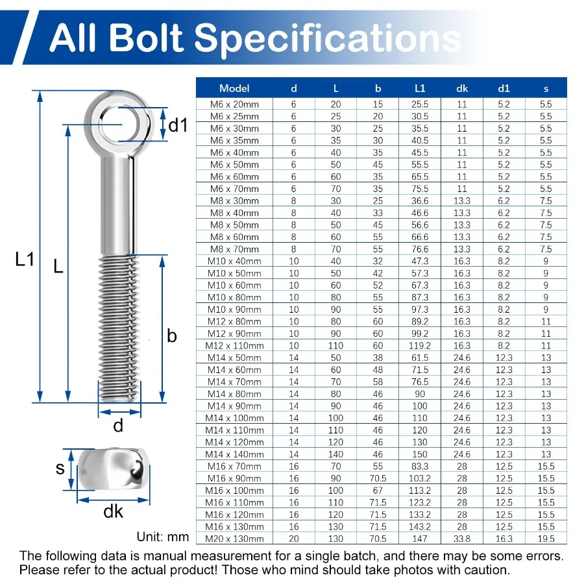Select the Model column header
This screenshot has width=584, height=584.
(x=234, y=88)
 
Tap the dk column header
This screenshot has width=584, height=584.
(x=462, y=88)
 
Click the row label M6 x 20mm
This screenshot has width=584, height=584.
(x=234, y=104)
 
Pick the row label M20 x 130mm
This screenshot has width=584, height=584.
(x=234, y=539)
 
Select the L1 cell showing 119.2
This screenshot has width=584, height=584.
(x=420, y=346)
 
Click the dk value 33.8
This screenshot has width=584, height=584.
(x=462, y=539)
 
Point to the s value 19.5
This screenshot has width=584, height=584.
(x=546, y=539)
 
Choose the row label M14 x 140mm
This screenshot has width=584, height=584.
(x=234, y=454)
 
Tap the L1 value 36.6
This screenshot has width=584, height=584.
(x=420, y=201)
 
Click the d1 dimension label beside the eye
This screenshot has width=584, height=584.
(x=177, y=125)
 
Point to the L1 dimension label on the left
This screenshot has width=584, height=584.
(x=24, y=260)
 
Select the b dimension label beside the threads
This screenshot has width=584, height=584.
(x=172, y=335)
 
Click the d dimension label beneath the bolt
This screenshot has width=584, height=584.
(x=118, y=426)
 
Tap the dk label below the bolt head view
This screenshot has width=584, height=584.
(x=114, y=512)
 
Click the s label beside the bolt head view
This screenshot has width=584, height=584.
(x=60, y=468)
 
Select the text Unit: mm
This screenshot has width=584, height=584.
(x=163, y=537)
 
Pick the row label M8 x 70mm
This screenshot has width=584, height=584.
(x=234, y=249)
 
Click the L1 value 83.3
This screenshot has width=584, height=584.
(x=420, y=467)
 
